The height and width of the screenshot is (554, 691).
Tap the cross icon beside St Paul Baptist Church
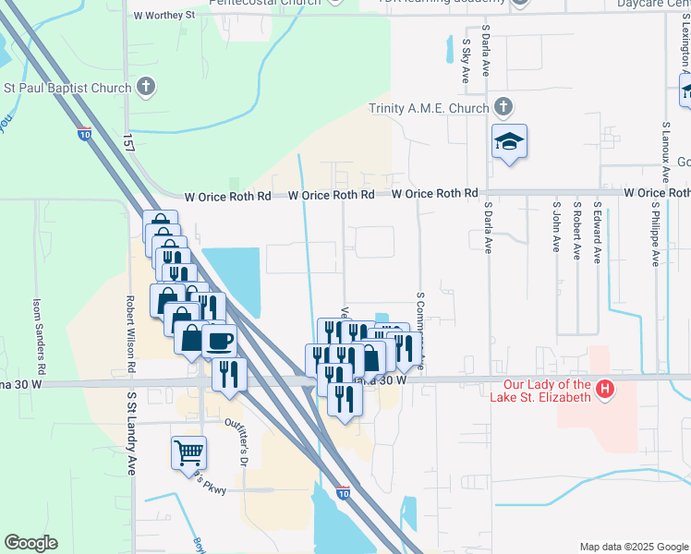[x=145, y=88]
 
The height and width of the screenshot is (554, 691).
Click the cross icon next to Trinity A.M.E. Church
[x=503, y=107]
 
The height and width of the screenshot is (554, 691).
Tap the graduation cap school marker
[x=509, y=141]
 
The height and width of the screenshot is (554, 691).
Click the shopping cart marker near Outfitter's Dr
[x=188, y=452]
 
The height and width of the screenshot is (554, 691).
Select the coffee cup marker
[x=219, y=340]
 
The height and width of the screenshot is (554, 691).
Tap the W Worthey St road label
[x=164, y=15]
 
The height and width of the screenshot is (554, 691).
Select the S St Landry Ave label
[x=132, y=432]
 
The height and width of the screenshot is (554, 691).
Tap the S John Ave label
[x=556, y=226]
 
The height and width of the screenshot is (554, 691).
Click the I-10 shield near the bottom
[x=344, y=493]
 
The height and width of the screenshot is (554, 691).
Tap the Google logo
[x=30, y=543]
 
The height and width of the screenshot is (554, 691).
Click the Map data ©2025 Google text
[x=634, y=547]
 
